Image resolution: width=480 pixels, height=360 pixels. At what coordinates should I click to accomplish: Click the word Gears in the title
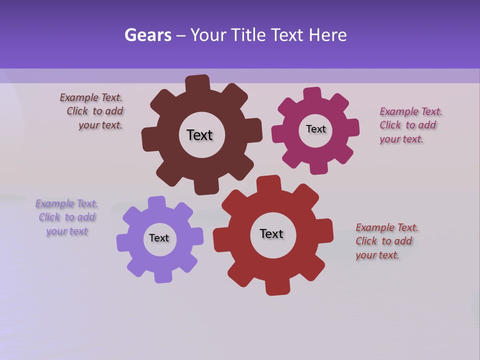click(x=148, y=35)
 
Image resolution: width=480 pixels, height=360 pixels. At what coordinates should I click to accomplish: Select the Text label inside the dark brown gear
click(x=199, y=135)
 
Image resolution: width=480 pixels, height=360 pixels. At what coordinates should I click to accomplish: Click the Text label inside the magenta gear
click(x=315, y=129)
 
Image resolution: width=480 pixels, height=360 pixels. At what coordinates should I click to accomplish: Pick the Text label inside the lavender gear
click(x=159, y=238)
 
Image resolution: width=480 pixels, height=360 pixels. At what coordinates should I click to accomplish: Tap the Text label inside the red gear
click(x=271, y=233)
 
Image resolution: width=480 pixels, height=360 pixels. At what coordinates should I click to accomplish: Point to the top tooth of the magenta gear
click(x=312, y=94)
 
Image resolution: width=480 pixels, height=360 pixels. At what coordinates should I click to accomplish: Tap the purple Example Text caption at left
click(x=67, y=217)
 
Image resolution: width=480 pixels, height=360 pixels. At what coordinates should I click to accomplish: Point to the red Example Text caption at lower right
click(x=386, y=241)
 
